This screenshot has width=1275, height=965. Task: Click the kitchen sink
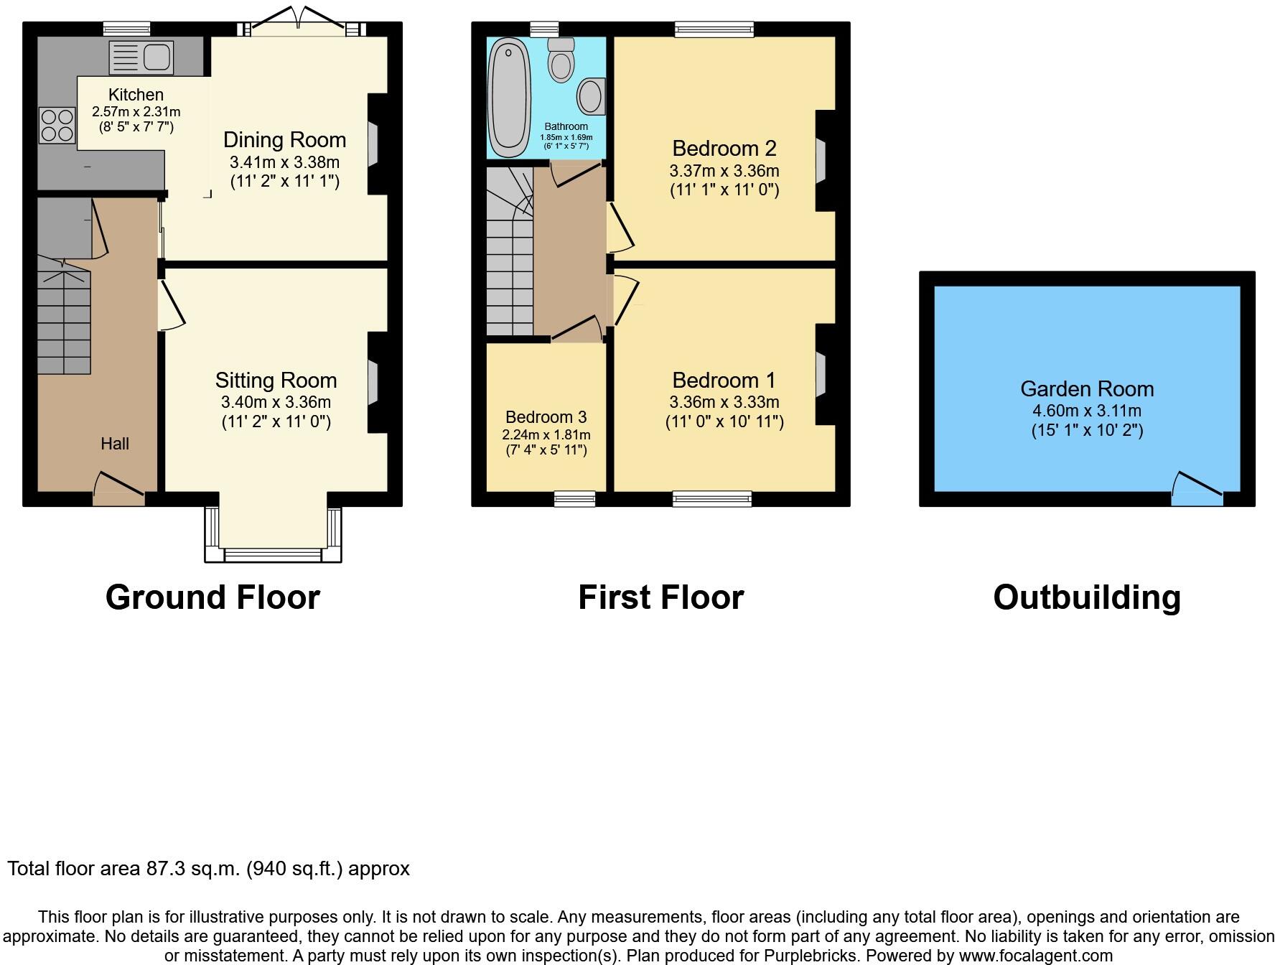[141, 57]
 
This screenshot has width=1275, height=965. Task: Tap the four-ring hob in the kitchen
[57, 125]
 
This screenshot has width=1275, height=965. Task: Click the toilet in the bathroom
[561, 60]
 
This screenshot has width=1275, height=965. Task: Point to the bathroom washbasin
[591, 96]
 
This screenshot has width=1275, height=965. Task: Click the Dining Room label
[284, 140]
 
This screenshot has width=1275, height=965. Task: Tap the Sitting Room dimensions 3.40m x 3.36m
[276, 402]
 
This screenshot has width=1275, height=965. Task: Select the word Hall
[115, 444]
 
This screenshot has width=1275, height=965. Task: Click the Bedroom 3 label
[546, 417]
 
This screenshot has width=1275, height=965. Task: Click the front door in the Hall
[118, 488]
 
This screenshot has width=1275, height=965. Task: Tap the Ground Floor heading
[212, 597]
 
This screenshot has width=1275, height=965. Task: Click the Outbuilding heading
[1086, 597]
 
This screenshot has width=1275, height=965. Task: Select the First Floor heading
[660, 597]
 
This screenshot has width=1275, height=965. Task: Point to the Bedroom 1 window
[712, 498]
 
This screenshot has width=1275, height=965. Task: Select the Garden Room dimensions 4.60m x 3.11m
[1086, 411]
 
